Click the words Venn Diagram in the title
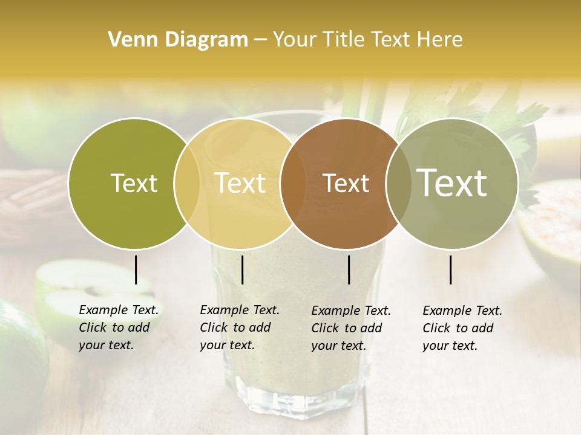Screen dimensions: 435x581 click(x=178, y=40)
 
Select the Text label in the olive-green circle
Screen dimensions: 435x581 click(x=134, y=183)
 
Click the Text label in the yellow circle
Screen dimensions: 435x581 click(x=240, y=183)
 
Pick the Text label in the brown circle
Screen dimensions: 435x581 click(x=346, y=183)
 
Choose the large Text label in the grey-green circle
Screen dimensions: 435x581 click(x=452, y=182)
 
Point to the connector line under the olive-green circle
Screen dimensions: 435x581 click(x=136, y=269)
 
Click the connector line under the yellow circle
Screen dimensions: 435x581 click(x=242, y=269)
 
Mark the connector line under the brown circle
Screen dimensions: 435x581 click(x=349, y=269)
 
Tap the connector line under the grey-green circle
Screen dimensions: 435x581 click(x=450, y=269)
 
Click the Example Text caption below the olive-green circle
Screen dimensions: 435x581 click(x=119, y=327)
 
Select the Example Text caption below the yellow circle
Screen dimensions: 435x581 click(x=240, y=327)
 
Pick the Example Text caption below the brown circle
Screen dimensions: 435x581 click(x=351, y=328)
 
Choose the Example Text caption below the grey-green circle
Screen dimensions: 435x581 click(x=462, y=328)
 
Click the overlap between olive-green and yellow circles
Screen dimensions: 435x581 click(x=187, y=183)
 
